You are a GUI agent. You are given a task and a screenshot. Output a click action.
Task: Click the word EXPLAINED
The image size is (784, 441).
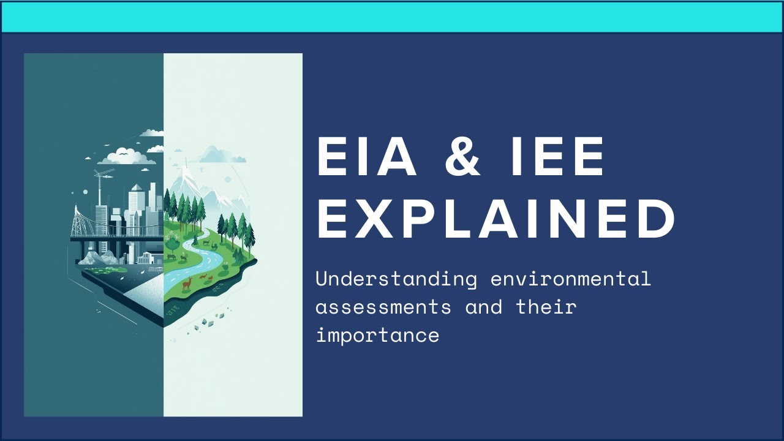point(496,218)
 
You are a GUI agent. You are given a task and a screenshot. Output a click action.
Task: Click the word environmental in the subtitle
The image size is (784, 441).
point(570,279)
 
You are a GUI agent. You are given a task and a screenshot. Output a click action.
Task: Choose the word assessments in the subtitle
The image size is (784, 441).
point(383,306)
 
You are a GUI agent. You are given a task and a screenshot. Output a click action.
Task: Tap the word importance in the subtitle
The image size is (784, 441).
point(377,335)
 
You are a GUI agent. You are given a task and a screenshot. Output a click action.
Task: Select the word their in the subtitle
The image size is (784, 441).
point(546,306)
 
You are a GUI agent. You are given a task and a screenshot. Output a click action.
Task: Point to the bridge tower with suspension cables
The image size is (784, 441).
point(80,221)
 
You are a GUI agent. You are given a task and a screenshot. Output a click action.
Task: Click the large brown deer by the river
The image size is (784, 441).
point(188,282)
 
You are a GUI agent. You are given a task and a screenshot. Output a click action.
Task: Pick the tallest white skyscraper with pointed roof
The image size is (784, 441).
point(135,208)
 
